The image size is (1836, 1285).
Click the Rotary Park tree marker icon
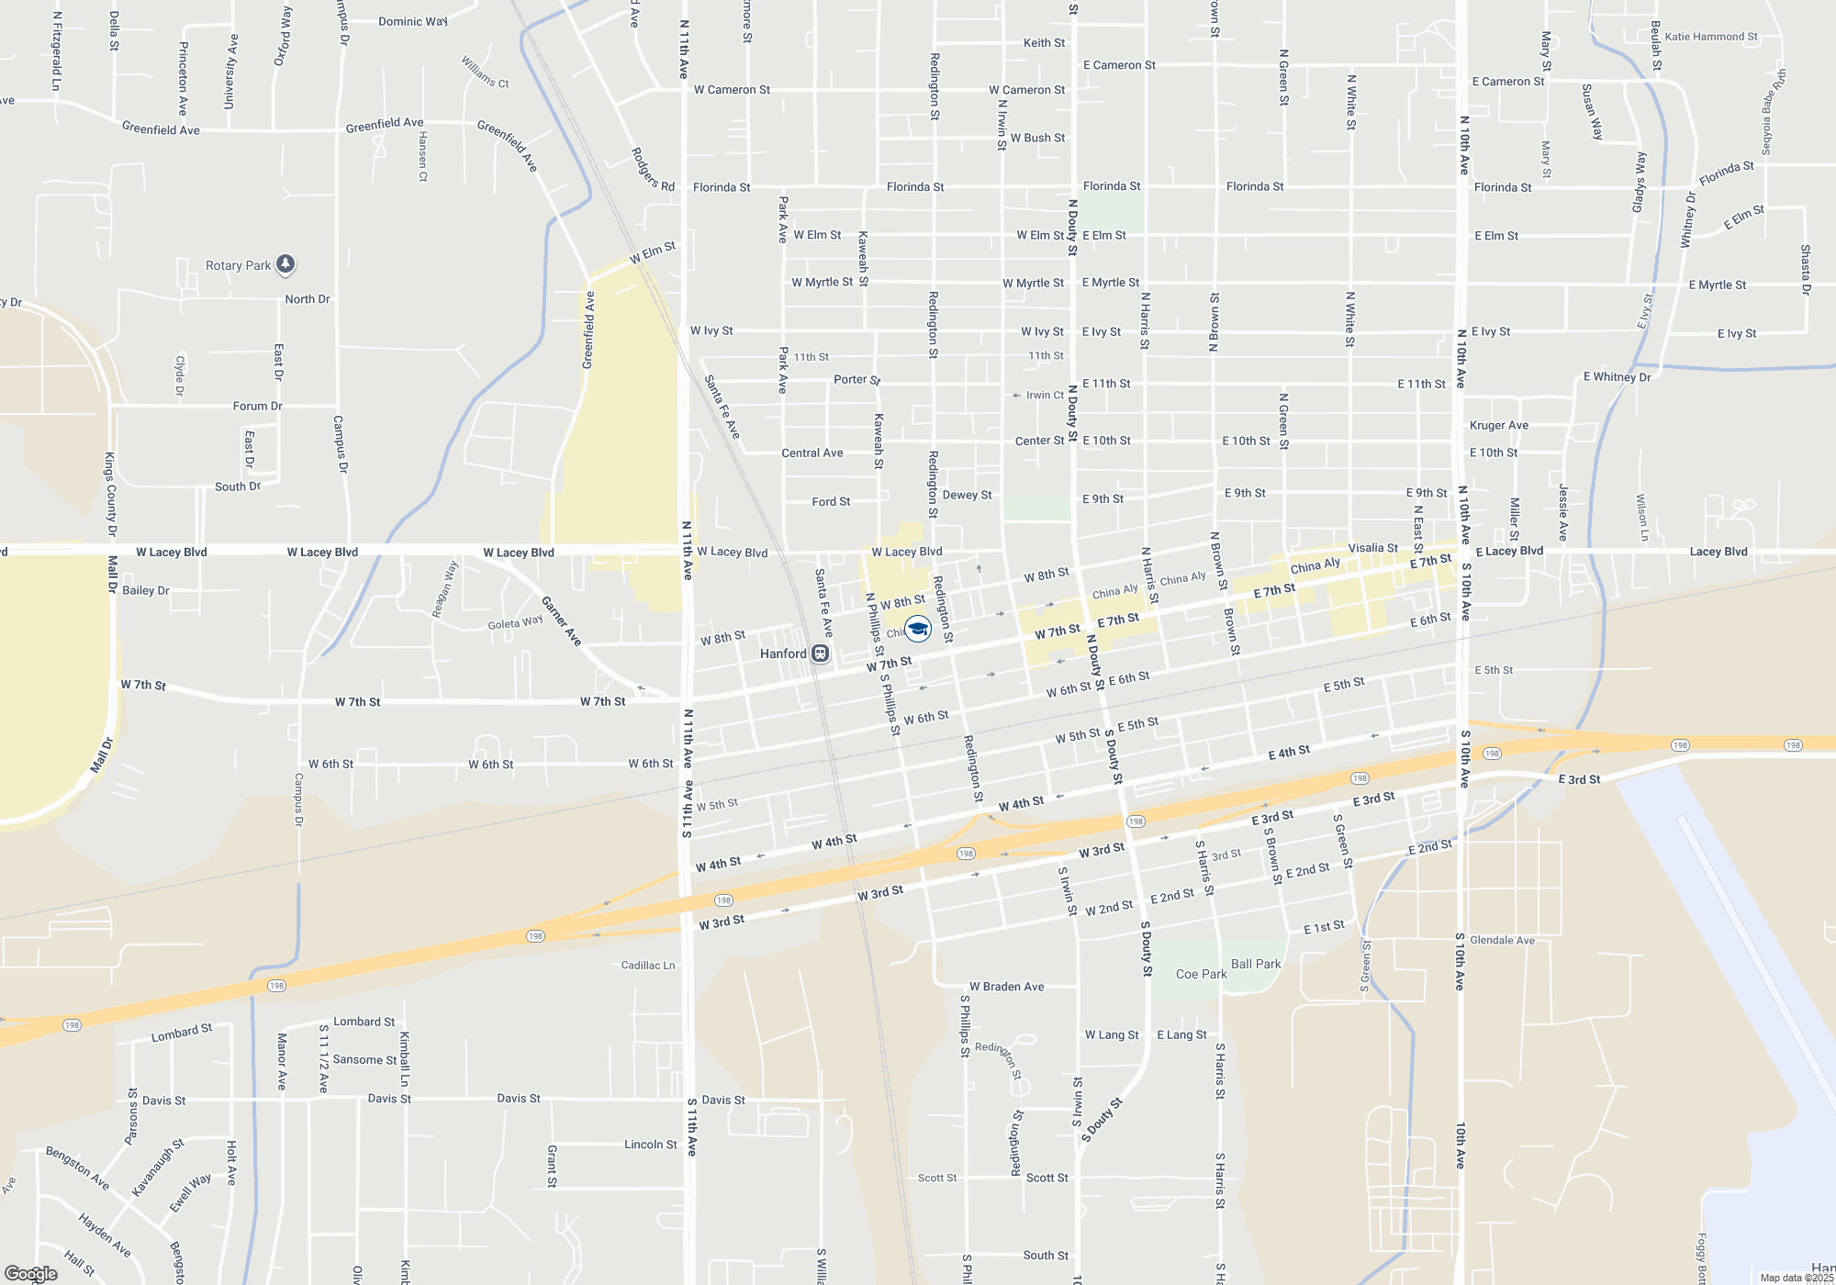click(285, 264)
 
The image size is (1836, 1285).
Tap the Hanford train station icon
click(821, 654)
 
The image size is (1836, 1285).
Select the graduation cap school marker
click(918, 629)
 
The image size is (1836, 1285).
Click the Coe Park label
click(1201, 974)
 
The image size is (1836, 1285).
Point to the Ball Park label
click(1256, 964)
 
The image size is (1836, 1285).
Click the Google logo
click(31, 1274)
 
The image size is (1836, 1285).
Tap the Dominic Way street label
click(412, 21)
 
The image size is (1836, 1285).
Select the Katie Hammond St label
click(1710, 37)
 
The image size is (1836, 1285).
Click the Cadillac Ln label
click(647, 966)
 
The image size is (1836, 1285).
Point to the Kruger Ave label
click(1499, 425)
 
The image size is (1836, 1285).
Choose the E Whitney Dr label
click(1617, 377)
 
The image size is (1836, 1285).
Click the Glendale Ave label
click(1502, 940)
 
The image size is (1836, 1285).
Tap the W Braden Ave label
click(1006, 987)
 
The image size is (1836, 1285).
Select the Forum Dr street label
click(257, 406)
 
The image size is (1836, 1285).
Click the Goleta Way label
click(515, 623)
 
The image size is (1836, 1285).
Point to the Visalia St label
click(1372, 548)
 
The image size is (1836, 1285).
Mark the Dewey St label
click(967, 495)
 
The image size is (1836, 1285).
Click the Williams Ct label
click(485, 72)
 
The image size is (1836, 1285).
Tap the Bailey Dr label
click(146, 590)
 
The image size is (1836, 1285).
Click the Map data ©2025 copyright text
click(1797, 1278)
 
